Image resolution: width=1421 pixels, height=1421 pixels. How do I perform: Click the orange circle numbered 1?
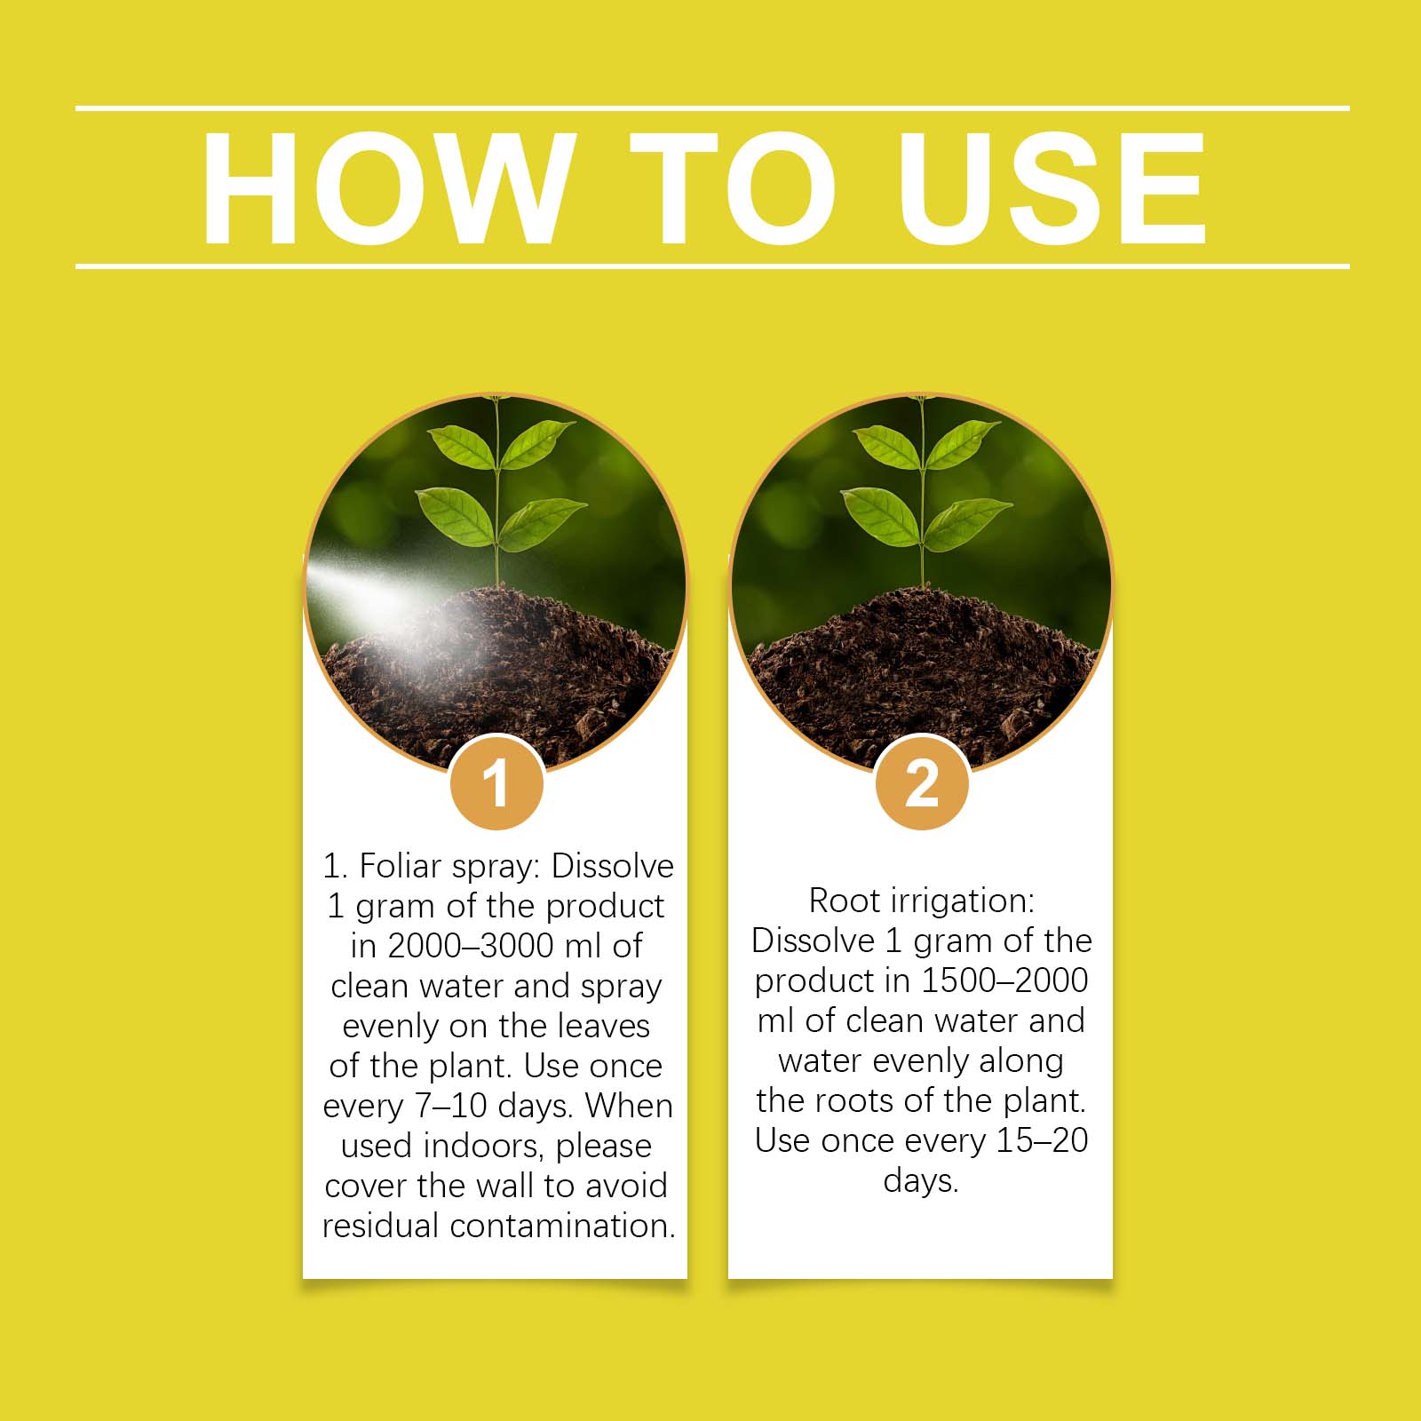pos(496,782)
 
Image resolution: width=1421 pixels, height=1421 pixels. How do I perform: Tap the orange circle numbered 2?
pos(922,782)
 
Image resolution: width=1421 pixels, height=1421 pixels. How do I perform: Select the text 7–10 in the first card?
pos(451,1106)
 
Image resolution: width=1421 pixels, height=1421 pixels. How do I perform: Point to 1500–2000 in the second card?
pos(1004,980)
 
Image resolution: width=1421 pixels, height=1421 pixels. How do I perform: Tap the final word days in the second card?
pos(921,1182)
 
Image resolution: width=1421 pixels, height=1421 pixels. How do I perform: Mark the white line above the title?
pos(712,108)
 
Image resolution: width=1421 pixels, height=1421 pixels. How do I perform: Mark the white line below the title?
pos(712,266)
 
